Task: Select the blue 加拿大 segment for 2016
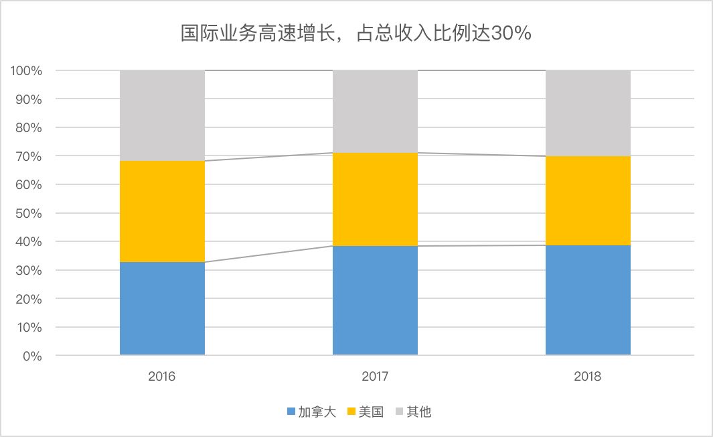coord(162,308)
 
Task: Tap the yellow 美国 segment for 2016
coord(162,211)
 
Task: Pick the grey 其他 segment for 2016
coord(162,115)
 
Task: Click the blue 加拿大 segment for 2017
coord(375,300)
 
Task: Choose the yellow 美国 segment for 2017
coord(375,199)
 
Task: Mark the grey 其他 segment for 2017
coord(375,111)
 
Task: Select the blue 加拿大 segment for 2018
coord(588,300)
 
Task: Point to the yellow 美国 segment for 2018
coord(588,200)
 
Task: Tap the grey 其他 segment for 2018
coord(588,113)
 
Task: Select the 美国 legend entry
coord(365,412)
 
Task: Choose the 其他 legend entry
coord(413,412)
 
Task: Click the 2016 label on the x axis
coord(162,376)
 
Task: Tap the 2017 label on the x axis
coord(375,376)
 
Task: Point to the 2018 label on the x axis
coord(588,376)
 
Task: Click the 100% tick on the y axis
coord(26,70)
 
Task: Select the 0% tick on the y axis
coord(31,356)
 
